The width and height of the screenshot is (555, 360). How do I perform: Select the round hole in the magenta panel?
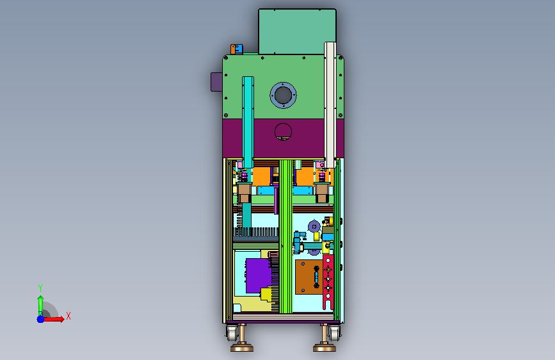click(283, 131)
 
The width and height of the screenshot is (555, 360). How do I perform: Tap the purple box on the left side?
click(216, 82)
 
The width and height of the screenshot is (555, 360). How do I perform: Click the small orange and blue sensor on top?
click(237, 49)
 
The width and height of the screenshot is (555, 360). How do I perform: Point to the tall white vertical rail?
click(330, 104)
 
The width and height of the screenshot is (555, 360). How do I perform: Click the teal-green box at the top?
click(297, 31)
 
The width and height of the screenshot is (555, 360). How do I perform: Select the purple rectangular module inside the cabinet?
click(258, 275)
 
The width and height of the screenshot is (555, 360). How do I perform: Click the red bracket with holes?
click(328, 282)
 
